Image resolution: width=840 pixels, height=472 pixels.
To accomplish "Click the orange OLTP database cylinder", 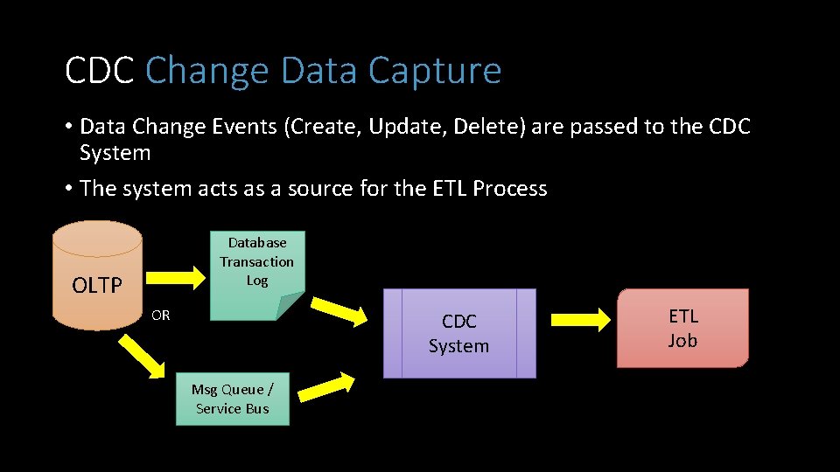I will click(96, 275).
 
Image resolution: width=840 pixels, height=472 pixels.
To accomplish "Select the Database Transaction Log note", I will click(256, 262).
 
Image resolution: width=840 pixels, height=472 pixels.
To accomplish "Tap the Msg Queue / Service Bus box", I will click(232, 399).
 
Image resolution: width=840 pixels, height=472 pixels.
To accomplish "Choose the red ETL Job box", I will click(682, 328).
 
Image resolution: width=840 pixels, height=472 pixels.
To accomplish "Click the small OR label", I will click(160, 316).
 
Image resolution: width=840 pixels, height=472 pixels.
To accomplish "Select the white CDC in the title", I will click(100, 71).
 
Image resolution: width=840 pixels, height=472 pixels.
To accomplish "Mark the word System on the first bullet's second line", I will click(115, 153).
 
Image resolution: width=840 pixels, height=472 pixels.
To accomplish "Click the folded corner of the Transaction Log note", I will click(286, 306).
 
